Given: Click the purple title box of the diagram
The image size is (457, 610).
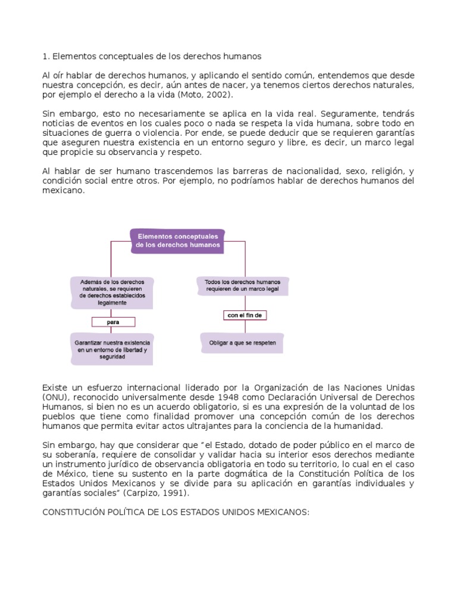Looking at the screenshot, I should click(x=177, y=240).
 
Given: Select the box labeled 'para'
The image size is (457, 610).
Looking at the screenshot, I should click(x=113, y=322).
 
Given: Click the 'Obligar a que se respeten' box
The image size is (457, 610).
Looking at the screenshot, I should click(x=242, y=343).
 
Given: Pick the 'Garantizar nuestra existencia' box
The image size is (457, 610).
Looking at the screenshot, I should click(x=112, y=350).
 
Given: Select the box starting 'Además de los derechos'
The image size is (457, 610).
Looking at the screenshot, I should click(x=112, y=291).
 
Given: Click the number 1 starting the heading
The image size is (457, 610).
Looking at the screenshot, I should click(x=45, y=57).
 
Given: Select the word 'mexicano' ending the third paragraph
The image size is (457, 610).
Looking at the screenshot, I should click(x=64, y=191).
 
